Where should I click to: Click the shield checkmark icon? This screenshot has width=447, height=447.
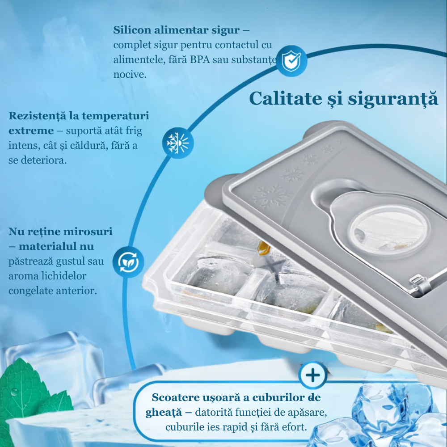[291, 61]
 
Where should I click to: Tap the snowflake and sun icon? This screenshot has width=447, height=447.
[178, 143]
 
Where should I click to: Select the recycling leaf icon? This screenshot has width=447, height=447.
[128, 262]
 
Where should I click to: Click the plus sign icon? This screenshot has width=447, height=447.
[313, 375]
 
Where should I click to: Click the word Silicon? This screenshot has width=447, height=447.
[132, 30]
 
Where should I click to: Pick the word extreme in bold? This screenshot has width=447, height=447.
[31, 131]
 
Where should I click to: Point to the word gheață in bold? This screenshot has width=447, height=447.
[164, 413]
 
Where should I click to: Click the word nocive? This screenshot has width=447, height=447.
[130, 74]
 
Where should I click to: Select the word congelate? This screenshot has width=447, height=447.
[30, 291]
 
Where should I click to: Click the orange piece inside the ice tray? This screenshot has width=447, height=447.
[263, 248]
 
